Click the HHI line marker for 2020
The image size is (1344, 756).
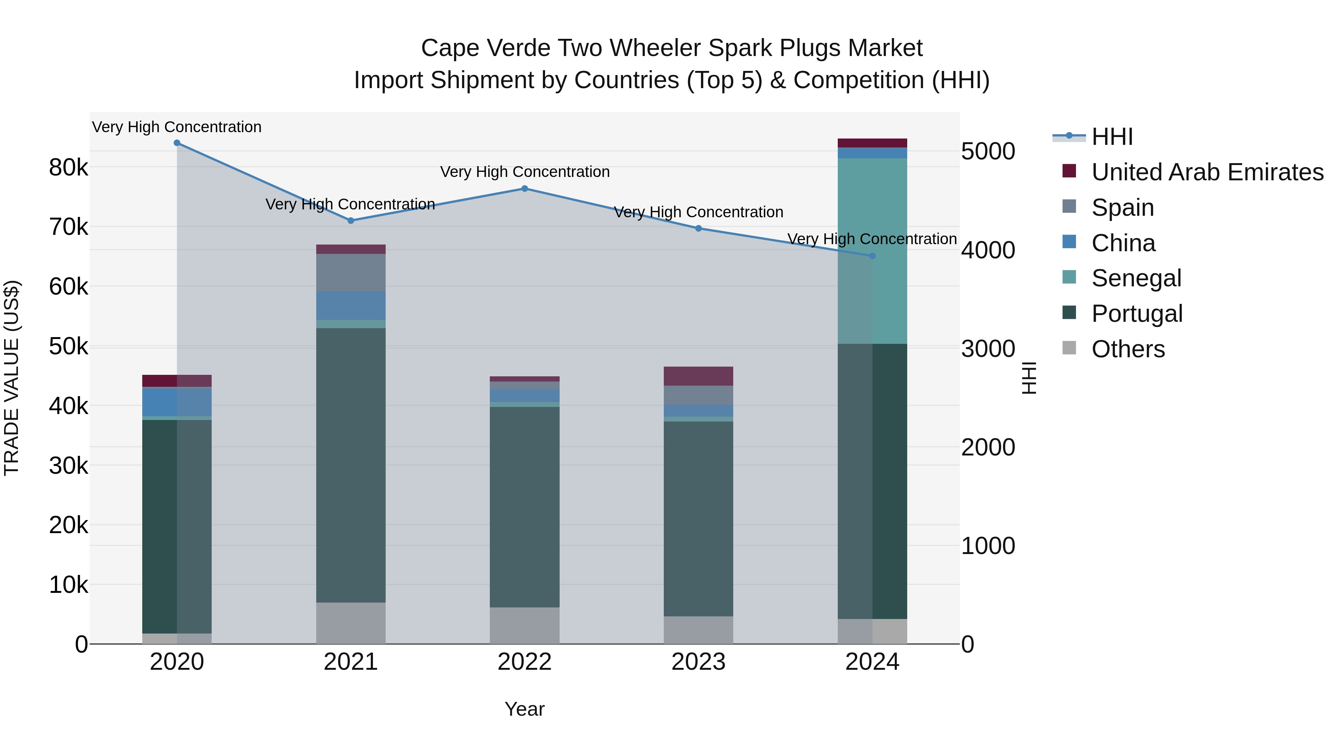click(177, 143)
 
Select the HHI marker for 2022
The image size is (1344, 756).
click(525, 189)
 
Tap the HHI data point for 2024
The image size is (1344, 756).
click(872, 256)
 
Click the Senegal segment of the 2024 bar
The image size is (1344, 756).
click(872, 251)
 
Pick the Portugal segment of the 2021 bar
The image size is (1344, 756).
click(351, 464)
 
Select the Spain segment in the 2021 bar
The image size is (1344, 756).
click(351, 273)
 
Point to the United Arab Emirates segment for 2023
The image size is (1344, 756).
click(698, 376)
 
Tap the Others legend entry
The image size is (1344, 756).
click(1127, 349)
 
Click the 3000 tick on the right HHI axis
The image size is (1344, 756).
click(987, 349)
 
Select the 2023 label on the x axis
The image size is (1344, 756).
click(698, 662)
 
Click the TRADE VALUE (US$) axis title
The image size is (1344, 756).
click(12, 378)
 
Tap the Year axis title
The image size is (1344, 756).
click(525, 709)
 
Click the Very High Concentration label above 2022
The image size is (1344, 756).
click(525, 172)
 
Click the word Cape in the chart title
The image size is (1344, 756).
click(450, 48)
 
